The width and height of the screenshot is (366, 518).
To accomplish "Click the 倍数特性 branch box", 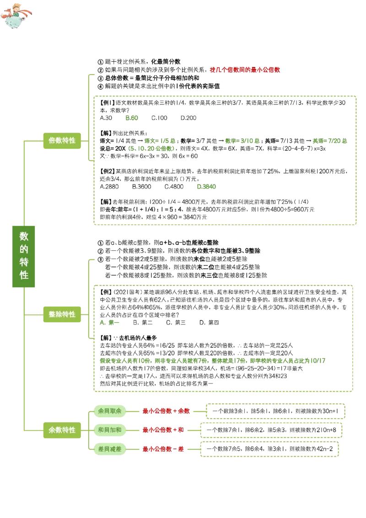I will [62, 140].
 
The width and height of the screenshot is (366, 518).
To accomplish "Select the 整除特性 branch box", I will [62, 314].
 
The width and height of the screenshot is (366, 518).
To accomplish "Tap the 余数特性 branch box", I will [62, 430].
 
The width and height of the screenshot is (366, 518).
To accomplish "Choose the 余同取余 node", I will [109, 411].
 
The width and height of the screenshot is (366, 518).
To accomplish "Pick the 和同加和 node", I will [109, 430].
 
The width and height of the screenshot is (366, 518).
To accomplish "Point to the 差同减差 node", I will [109, 449].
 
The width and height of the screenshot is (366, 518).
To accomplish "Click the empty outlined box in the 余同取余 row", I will [276, 411].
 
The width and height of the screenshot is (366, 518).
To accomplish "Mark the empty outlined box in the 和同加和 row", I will [271, 431].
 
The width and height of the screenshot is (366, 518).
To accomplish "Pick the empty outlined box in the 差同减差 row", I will [270, 449].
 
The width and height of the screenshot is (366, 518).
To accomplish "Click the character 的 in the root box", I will [24, 249].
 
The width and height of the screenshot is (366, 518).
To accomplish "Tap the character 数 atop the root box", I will [24, 236].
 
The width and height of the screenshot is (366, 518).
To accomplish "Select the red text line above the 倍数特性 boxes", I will [245, 70].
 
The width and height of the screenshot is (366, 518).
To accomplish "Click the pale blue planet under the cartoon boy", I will [13, 22].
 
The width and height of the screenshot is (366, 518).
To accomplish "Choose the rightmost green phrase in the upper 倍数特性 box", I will [329, 141].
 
